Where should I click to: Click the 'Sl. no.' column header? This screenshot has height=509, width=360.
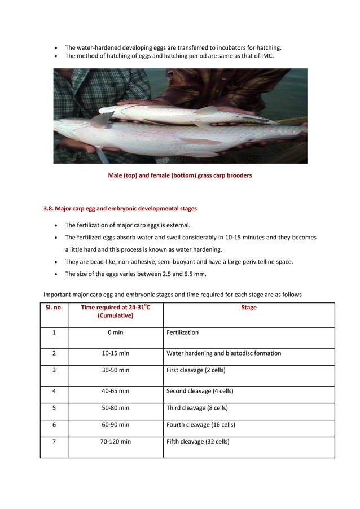pyautogui.click(x=54, y=308)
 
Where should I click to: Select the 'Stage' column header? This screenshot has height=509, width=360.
pyautogui.click(x=248, y=308)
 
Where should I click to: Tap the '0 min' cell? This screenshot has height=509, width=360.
pyautogui.click(x=115, y=332)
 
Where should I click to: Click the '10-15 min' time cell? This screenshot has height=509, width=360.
pyautogui.click(x=115, y=353)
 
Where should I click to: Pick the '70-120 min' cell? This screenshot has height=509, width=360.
pyautogui.click(x=115, y=441)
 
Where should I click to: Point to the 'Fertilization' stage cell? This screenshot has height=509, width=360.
pyautogui.click(x=182, y=332)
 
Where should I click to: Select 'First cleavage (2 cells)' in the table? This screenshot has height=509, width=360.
pyautogui.click(x=200, y=370)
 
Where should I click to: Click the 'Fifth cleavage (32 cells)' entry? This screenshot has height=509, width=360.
pyautogui.click(x=197, y=441)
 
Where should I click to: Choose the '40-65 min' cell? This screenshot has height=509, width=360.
pyautogui.click(x=115, y=390)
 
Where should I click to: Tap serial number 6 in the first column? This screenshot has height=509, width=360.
pyautogui.click(x=54, y=424)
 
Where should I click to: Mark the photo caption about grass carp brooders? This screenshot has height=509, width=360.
pyautogui.click(x=179, y=175)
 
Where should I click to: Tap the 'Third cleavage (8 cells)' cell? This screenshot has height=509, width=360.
pyautogui.click(x=197, y=407)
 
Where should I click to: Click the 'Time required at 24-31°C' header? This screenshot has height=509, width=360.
pyautogui.click(x=115, y=308)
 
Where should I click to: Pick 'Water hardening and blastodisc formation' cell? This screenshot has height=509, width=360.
pyautogui.click(x=223, y=353)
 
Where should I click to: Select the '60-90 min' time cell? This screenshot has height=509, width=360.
pyautogui.click(x=115, y=424)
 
